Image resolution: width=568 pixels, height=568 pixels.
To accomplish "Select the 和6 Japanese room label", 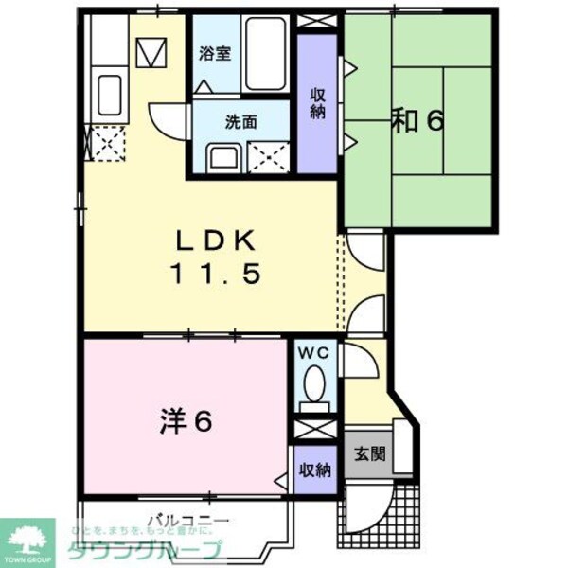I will coord(417,120).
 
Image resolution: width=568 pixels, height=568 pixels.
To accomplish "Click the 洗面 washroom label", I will coord(240,121).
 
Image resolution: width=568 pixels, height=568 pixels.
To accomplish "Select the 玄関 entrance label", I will coord(370,453).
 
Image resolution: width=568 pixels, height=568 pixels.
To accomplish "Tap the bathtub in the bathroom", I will coord(265,54).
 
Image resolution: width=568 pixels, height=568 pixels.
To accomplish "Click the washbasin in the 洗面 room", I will coord(224,157).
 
